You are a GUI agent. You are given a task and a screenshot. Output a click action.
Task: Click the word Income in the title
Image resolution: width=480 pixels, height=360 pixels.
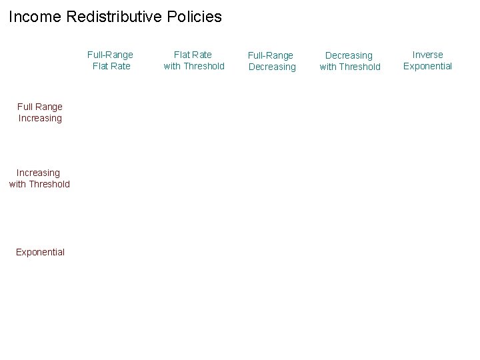coord(35,17)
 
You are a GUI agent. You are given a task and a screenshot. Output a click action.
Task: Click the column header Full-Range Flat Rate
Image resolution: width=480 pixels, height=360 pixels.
coord(110,61)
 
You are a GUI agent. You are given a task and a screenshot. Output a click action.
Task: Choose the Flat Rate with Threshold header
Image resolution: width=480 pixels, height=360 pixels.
coord(194,61)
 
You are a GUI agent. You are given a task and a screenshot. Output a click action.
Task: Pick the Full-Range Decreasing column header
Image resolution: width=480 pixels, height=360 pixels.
coord(271,61)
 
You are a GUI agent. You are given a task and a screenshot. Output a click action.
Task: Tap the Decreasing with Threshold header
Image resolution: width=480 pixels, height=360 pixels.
coord(350,61)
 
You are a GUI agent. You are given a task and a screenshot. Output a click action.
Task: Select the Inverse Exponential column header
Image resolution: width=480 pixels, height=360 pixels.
coord(427,61)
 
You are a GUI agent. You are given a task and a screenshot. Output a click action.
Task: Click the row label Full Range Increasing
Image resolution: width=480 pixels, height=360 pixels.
coord(40,113)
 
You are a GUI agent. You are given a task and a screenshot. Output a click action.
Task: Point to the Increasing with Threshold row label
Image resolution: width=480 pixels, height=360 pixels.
coord(39,179)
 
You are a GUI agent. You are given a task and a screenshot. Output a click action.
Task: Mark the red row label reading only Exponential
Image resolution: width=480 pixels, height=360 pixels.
coord(40,252)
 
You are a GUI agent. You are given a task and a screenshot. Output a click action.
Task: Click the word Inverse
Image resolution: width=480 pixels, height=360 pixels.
coord(427,55)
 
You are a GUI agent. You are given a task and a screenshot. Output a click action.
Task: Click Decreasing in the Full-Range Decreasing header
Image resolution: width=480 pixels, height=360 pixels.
coord(272,67)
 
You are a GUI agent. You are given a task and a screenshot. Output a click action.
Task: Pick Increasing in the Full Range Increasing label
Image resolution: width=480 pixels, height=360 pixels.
coord(40,119)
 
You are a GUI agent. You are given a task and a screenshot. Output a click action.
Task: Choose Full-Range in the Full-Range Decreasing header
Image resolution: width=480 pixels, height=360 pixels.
coord(271,55)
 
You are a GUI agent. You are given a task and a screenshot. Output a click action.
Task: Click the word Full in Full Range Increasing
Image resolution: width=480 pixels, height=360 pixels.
coord(25,107)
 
